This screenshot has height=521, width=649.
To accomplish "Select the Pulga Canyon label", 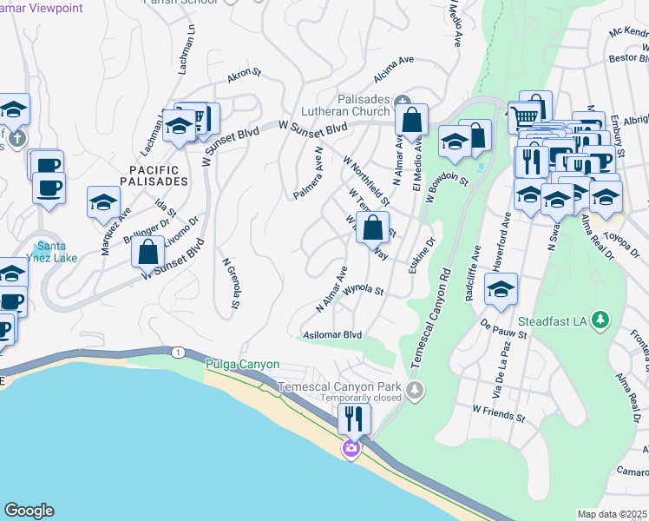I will coord(242,365).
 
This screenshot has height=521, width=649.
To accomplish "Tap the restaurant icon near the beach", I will coord(354,419).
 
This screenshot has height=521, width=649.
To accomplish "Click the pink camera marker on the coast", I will coord(351,448).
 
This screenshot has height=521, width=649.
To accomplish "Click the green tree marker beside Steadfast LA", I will coord(598,320).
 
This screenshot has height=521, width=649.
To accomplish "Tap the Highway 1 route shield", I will coord(178,351).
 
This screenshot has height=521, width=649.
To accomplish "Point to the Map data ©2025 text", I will coord(612,514).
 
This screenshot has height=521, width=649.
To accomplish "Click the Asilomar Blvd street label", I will coord(332,334).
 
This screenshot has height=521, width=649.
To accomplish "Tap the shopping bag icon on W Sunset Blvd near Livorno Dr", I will coord(148,252).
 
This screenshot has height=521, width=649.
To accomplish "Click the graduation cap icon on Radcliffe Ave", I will coord(501,291).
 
